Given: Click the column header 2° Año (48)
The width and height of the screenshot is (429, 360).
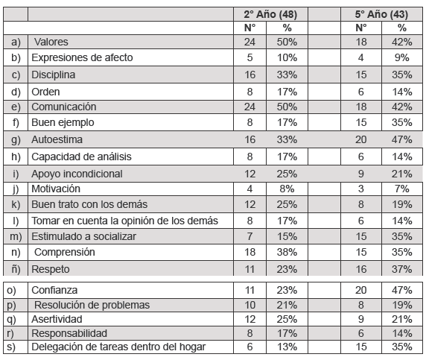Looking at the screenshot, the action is click(270, 14).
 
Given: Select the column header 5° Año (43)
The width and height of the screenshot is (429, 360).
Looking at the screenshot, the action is click(381, 14).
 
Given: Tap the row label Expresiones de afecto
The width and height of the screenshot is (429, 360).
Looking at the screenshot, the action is click(82, 57).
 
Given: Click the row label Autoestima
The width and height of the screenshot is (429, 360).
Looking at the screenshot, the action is click(57, 139).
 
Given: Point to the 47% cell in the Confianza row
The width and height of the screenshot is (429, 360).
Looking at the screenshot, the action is click(402, 290).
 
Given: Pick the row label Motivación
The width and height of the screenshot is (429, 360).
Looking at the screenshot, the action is click(56, 189).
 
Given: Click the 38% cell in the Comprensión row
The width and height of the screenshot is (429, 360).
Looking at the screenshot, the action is click(287, 252).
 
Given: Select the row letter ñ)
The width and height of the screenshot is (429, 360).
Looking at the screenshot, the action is click(16, 269).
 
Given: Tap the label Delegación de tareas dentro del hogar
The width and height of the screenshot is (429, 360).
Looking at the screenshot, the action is click(118, 347).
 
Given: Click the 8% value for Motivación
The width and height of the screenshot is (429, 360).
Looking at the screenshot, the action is click(287, 189).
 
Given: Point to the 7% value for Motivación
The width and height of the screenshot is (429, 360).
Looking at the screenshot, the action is click(402, 189).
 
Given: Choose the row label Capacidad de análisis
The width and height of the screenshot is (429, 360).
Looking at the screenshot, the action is click(81, 157).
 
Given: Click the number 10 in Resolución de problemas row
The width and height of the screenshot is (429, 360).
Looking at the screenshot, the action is click(250, 305).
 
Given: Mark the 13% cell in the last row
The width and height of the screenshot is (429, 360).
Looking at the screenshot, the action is click(287, 347).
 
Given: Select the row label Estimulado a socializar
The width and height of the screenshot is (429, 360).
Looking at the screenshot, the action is click(83, 236).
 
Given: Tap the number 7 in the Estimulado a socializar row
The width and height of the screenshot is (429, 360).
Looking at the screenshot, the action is click(250, 236).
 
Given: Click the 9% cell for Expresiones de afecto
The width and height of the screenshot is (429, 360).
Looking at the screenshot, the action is click(402, 57).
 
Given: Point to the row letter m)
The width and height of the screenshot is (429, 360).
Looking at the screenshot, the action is click(16, 236).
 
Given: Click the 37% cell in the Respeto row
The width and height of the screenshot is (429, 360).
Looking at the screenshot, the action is click(402, 269).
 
